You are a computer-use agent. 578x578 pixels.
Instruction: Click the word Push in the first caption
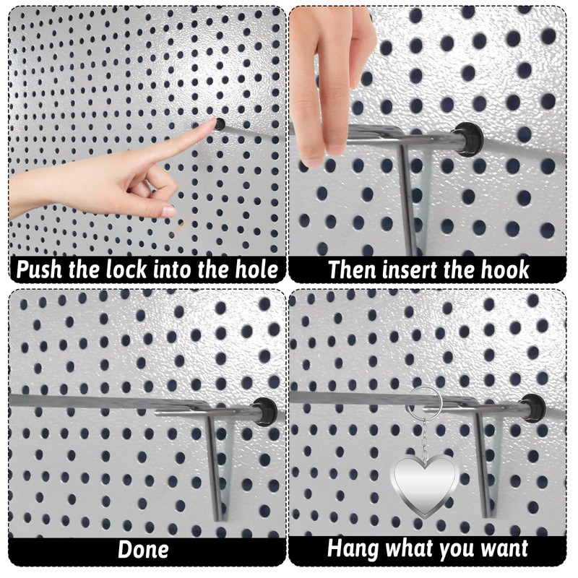coord(42,270)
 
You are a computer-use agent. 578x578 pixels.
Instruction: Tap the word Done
coord(143,549)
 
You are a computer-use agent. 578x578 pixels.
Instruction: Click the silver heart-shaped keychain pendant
coord(424,485)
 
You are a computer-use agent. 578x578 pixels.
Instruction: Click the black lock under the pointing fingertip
coord(220,124)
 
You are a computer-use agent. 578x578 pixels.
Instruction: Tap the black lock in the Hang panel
coord(533,407)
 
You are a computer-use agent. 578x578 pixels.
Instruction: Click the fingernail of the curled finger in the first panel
coord(168,211)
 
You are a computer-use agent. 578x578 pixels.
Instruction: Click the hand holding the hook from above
coord(329,79)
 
